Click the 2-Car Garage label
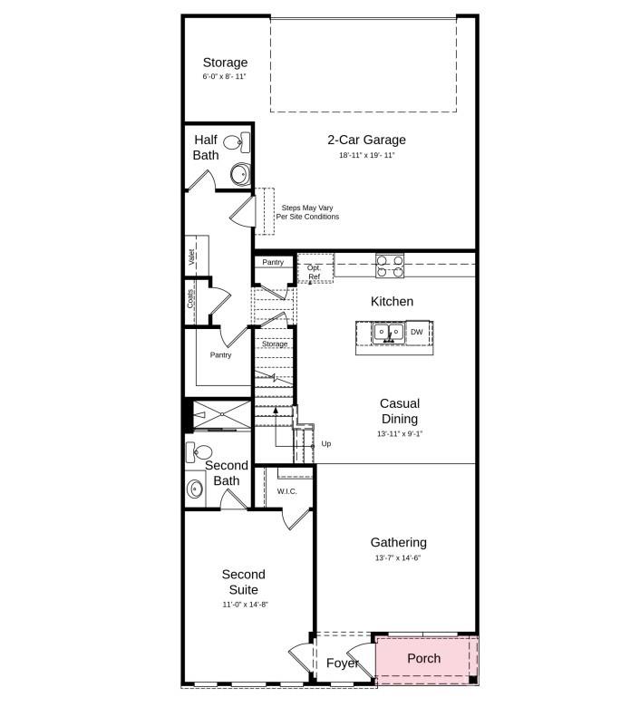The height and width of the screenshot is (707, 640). (x=366, y=140)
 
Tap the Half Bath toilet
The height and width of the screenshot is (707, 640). (x=233, y=142)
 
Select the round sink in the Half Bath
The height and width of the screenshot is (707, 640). (x=239, y=174)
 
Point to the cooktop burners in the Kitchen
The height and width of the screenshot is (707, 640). (x=390, y=265)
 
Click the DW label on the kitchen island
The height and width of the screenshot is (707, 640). (x=417, y=333)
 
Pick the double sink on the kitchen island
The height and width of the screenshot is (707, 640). (x=389, y=333)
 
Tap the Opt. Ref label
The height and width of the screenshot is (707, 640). (x=315, y=272)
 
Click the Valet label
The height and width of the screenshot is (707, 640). (x=192, y=257)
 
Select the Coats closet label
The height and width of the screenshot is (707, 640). (x=191, y=298)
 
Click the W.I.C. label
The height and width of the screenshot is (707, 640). (x=287, y=491)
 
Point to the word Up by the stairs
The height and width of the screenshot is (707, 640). (x=326, y=444)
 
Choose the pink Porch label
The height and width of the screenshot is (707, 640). (x=423, y=658)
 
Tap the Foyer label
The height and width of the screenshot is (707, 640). (x=343, y=663)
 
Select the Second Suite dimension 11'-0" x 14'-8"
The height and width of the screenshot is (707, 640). (x=244, y=604)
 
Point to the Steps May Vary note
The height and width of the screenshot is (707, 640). (x=307, y=212)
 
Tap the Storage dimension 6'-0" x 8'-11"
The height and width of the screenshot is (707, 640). (x=225, y=77)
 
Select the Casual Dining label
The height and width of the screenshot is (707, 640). (x=400, y=411)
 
